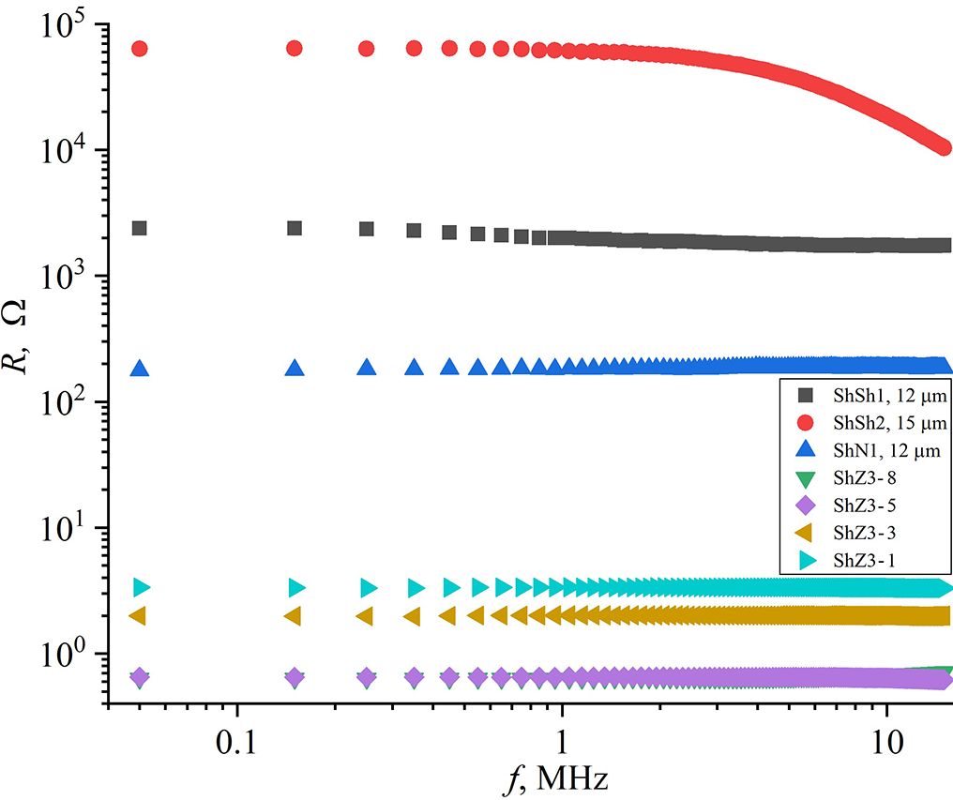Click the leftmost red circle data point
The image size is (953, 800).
[x=140, y=48]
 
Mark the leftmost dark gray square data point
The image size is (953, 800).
[x=140, y=228]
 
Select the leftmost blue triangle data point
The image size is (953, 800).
[x=140, y=369]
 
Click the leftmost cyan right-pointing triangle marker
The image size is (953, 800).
[x=142, y=588]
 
